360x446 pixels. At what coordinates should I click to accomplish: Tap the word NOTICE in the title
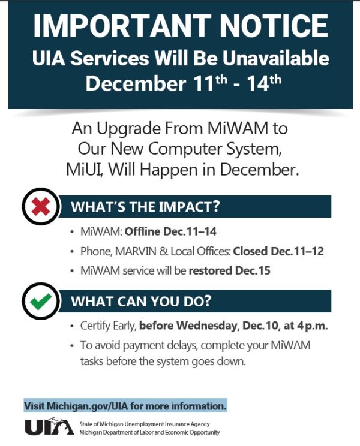269,27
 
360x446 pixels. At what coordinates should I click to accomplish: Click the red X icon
41,208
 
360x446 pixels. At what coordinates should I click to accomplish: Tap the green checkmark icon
41,302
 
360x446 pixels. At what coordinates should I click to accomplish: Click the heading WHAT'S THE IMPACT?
146,207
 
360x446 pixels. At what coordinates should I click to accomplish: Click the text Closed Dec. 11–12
278,251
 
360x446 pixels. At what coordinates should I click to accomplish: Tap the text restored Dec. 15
230,270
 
